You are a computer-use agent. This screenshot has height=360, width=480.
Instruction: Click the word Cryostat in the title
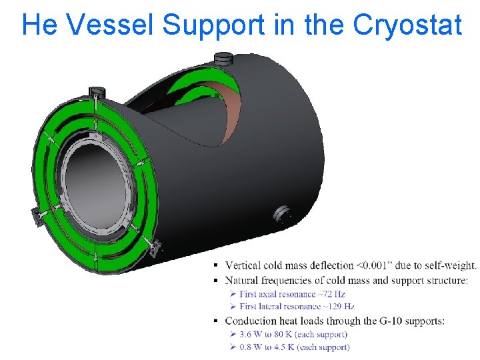407,25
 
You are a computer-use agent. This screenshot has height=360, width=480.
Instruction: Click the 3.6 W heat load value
251,334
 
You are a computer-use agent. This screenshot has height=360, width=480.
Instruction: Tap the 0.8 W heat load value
251,347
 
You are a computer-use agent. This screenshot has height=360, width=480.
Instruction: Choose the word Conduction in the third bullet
254,321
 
